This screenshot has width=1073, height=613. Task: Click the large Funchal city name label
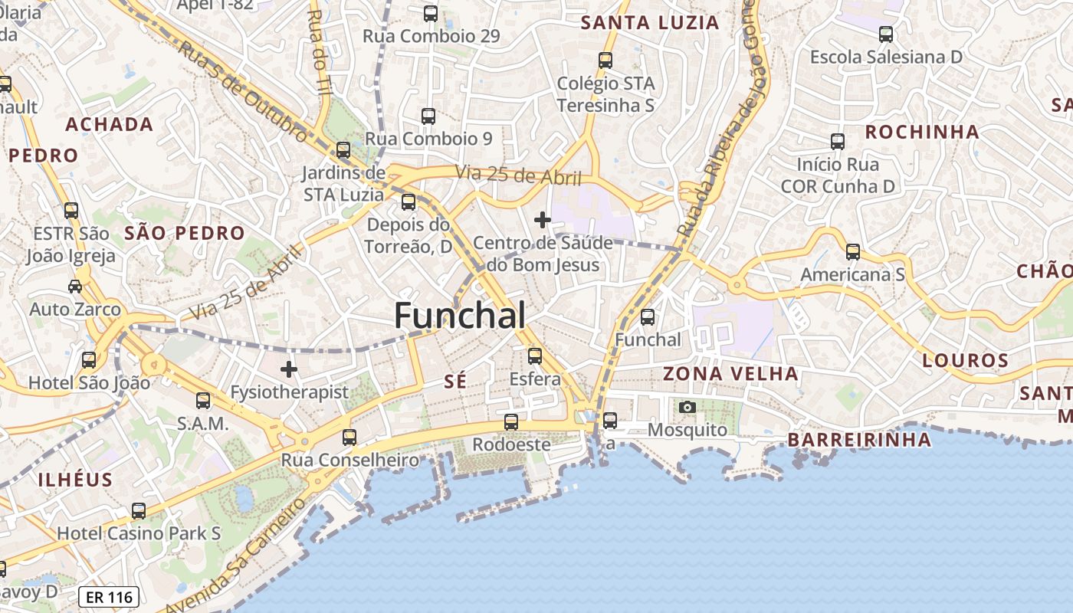click(x=460, y=316)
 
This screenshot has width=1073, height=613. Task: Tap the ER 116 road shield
click(x=108, y=597)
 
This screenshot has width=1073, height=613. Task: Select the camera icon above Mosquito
click(x=687, y=407)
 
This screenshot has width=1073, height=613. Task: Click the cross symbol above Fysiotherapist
click(x=289, y=370)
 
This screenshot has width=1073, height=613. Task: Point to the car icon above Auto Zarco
click(x=75, y=287)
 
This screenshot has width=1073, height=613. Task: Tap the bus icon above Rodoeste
click(x=511, y=422)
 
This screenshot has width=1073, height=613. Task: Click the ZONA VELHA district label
click(x=730, y=374)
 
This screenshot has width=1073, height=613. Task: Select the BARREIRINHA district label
click(x=859, y=440)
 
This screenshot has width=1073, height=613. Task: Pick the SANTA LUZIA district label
click(x=650, y=23)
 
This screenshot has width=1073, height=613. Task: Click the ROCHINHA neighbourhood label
click(x=922, y=132)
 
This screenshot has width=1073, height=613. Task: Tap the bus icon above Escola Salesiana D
click(x=886, y=34)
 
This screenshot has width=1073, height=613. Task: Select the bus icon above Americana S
click(x=853, y=252)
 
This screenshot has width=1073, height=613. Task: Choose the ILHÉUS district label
click(x=76, y=480)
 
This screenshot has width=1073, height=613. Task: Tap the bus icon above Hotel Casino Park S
click(x=139, y=511)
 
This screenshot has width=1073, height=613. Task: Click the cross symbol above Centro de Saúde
click(x=543, y=221)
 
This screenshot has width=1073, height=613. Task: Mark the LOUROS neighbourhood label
click(x=965, y=360)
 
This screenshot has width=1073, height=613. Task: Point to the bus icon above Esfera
click(x=535, y=356)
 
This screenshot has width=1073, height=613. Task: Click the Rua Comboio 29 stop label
click(x=431, y=36)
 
